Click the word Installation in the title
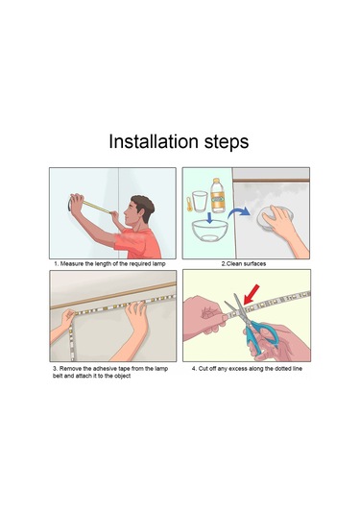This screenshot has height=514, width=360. tap(154, 141)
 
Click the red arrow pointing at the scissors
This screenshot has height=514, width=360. tap(252, 294)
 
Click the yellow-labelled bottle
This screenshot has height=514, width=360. tap(217, 195)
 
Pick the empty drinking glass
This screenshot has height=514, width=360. tap(200, 201)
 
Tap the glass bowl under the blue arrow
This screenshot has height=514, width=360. tap(209, 231)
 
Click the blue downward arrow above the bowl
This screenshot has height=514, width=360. tap(209, 218)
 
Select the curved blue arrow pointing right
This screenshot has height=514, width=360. tap(239, 212)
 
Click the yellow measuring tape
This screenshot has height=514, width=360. tap(96, 207)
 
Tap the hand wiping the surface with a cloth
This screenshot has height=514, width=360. tap(288, 231)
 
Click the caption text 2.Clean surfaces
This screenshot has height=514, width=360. tap(244, 263)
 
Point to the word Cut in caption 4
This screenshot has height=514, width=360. tap(203, 369)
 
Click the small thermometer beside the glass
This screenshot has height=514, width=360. tap(189, 204)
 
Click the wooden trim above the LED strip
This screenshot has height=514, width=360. tap(113, 296)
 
